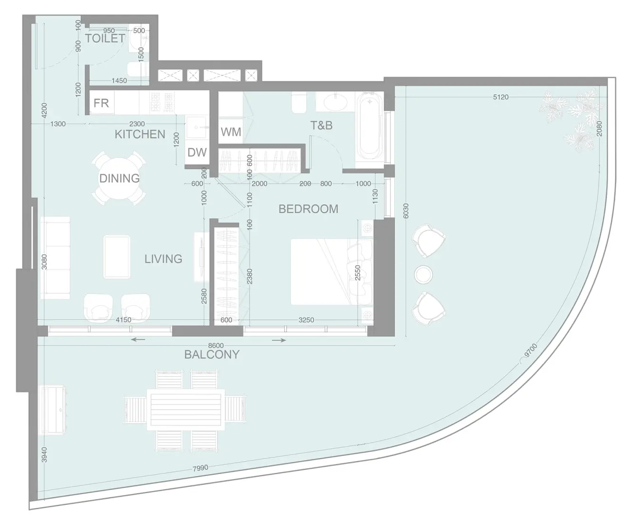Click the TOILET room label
pyautogui.click(x=105, y=39)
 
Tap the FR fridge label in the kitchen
pyautogui.click(x=101, y=103)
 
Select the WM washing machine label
pyautogui.click(x=231, y=132)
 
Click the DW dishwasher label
pyautogui.click(x=197, y=152)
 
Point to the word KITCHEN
pyautogui.click(x=140, y=134)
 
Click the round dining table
pyautogui.click(x=119, y=178)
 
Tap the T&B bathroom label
pyautogui.click(x=321, y=126)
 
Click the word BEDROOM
pyautogui.click(x=308, y=209)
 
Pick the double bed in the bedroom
pyautogui.click(x=328, y=271)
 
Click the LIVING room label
pyautogui.click(x=163, y=259)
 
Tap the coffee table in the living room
pyautogui.click(x=117, y=257)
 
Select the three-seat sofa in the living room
pyautogui.click(x=55, y=258)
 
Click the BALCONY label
pyautogui.click(x=212, y=355)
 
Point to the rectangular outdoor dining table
pyautogui.click(x=184, y=410)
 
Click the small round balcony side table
pyautogui.click(x=423, y=274)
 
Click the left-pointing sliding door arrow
pyautogui.click(x=138, y=339)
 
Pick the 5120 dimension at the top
pyautogui.click(x=500, y=97)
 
